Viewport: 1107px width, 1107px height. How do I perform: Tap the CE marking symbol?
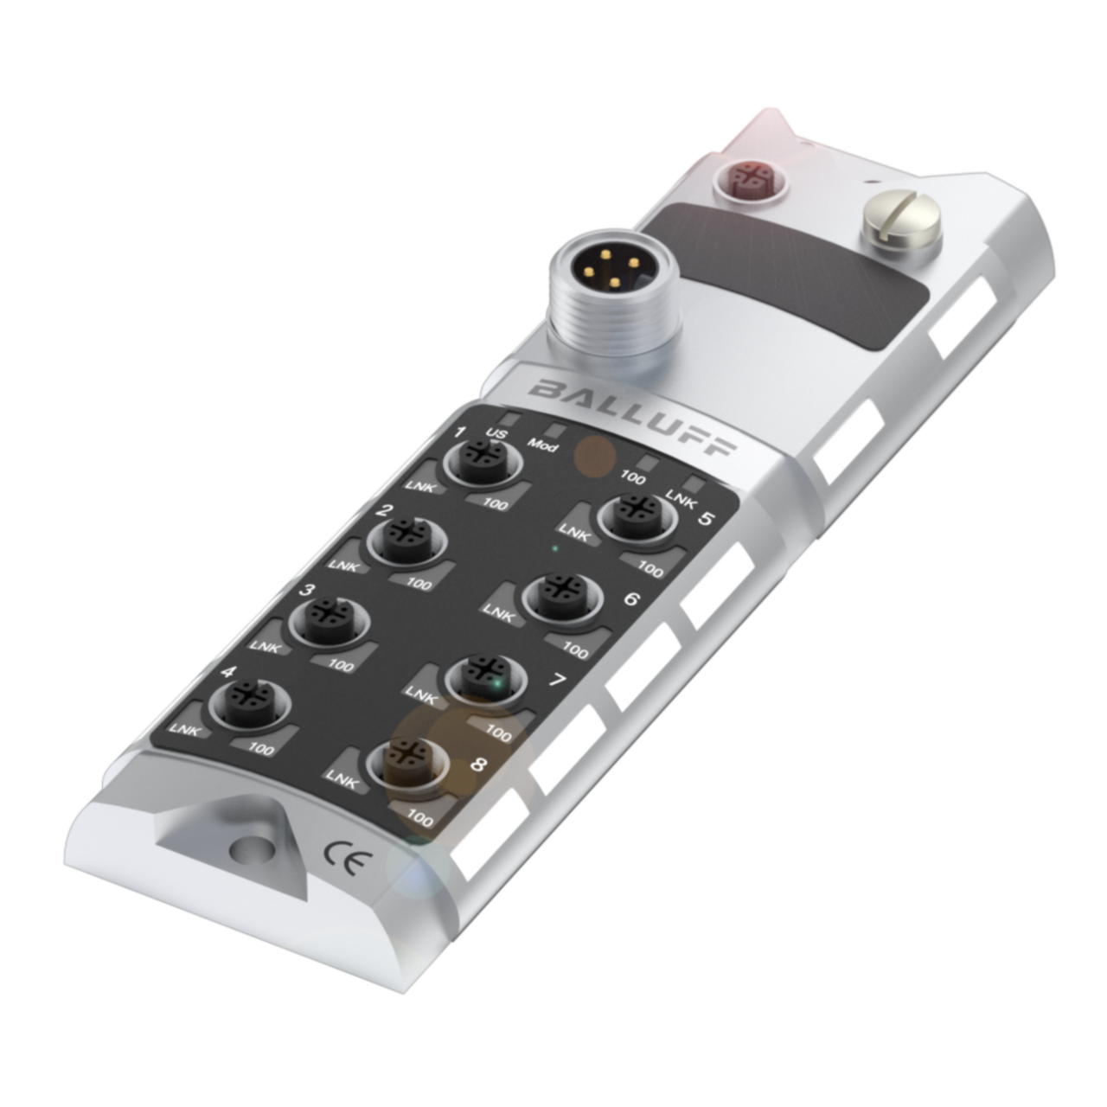click(348, 860)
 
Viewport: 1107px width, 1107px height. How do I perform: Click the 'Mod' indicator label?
click(543, 446)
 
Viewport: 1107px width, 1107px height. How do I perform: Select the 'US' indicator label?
click(496, 433)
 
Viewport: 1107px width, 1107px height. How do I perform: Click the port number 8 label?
click(478, 765)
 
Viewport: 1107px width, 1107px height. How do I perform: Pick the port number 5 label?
click(706, 519)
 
